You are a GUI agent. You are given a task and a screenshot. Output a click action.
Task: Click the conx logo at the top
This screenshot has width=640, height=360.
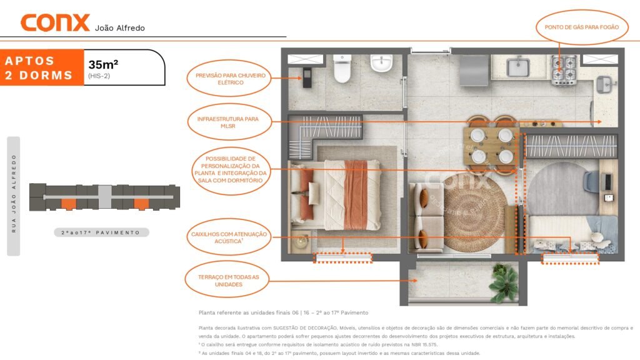pyautogui.click(x=55, y=23)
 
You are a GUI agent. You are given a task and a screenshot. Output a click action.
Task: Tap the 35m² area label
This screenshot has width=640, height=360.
pyautogui.click(x=103, y=64)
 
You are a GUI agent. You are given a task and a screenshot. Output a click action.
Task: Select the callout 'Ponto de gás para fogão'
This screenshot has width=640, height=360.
pyautogui.click(x=582, y=27)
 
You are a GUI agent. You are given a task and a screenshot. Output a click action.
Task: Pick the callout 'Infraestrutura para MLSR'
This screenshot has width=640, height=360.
pyautogui.click(x=229, y=122)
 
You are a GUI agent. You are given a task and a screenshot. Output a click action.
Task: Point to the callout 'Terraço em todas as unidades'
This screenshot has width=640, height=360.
pyautogui.click(x=227, y=280)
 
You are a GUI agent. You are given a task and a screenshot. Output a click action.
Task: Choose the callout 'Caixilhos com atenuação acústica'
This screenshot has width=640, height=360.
pyautogui.click(x=229, y=237)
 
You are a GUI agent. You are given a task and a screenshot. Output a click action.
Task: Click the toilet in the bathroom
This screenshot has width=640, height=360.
pyautogui.click(x=342, y=69)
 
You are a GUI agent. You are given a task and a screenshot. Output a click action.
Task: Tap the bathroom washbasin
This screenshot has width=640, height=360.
pyautogui.click(x=381, y=63)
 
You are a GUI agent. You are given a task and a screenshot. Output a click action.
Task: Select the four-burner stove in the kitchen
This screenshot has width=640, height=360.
pyautogui.click(x=564, y=71)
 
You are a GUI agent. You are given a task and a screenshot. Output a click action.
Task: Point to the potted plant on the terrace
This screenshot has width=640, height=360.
pyautogui.click(x=504, y=282)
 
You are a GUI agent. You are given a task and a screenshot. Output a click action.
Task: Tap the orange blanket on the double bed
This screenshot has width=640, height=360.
pyautogui.click(x=356, y=194)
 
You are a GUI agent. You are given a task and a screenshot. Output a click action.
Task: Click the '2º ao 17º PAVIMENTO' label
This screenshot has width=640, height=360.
pyautogui.click(x=101, y=232)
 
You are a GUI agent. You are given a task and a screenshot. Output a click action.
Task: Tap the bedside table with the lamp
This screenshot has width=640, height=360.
pyautogui.click(x=302, y=242)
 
